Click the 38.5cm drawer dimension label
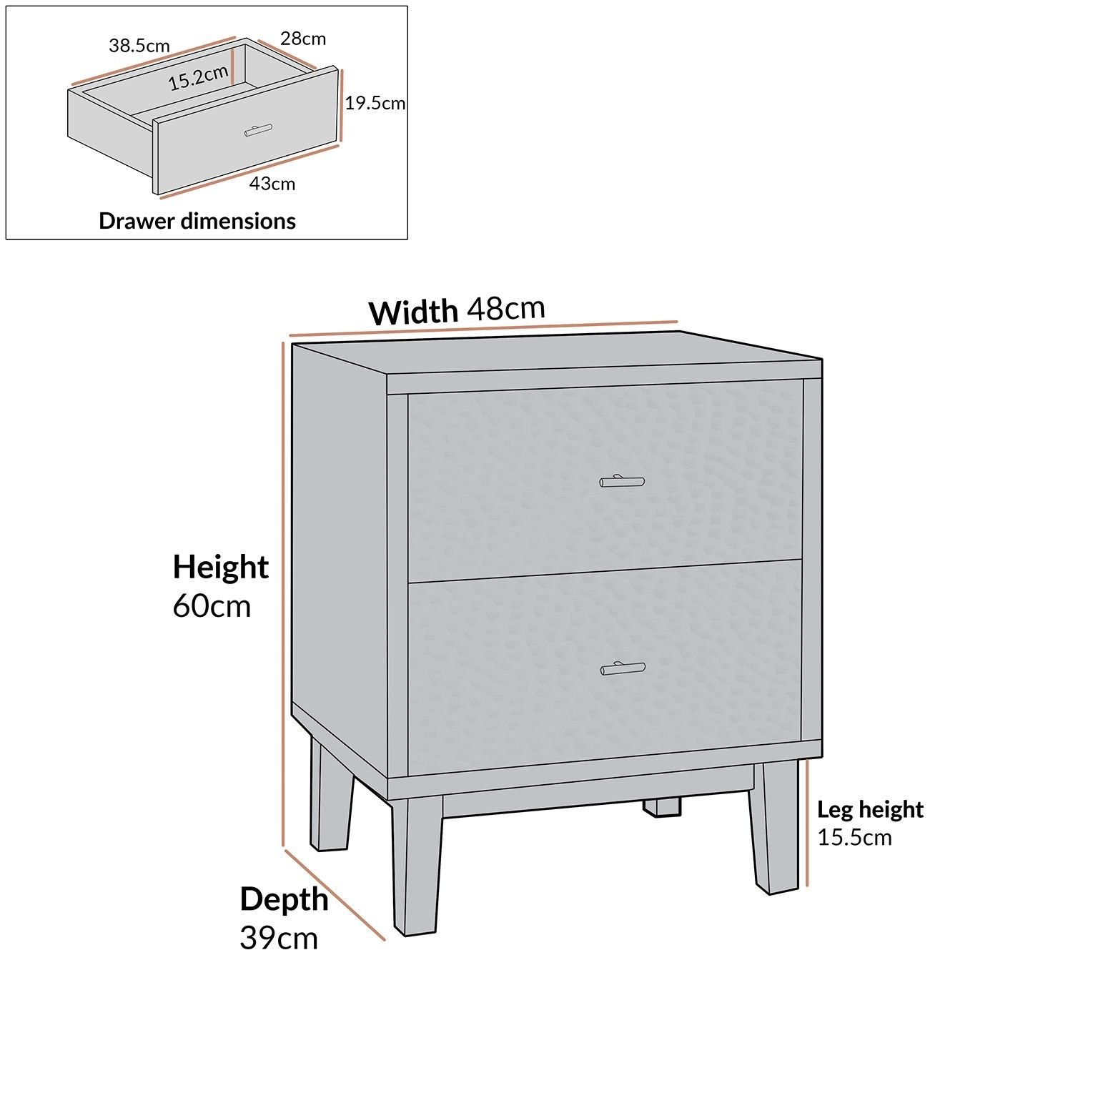(x=139, y=46)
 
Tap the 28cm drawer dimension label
(x=303, y=39)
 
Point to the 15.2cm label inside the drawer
(x=199, y=77)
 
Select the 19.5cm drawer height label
(x=375, y=103)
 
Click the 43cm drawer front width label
(x=272, y=184)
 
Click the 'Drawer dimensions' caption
(x=197, y=221)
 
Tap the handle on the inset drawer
(x=258, y=130)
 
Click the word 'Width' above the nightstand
(x=413, y=312)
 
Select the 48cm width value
(x=506, y=308)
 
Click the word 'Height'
(x=221, y=568)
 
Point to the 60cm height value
(x=212, y=606)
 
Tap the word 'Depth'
(x=284, y=899)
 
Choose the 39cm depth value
(x=279, y=938)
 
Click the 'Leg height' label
(x=871, y=810)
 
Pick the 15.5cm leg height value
(x=855, y=837)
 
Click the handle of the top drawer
(x=622, y=482)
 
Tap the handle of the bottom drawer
(x=623, y=669)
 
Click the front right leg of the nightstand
(x=775, y=828)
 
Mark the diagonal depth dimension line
(x=335, y=894)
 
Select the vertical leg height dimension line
(x=807, y=822)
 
